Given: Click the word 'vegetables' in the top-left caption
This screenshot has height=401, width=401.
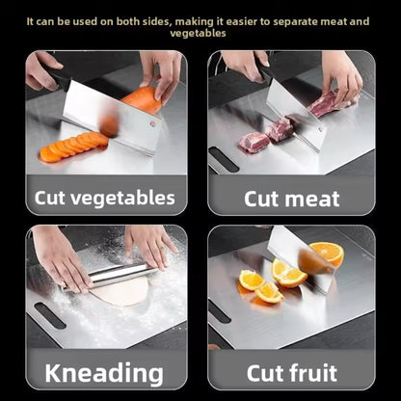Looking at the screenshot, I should click(x=120, y=199).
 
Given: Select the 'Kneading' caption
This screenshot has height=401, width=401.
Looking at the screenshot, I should click(x=104, y=373).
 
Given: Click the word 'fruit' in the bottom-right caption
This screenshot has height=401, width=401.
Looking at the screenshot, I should click(x=311, y=373).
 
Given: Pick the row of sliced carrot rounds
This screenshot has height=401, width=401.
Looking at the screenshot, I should click(x=73, y=147).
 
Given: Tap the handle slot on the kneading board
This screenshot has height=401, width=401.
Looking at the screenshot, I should click(x=50, y=316).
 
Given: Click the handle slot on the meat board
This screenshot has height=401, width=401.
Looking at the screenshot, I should click(x=224, y=160).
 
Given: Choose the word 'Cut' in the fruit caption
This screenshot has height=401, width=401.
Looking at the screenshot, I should click(x=264, y=373).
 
